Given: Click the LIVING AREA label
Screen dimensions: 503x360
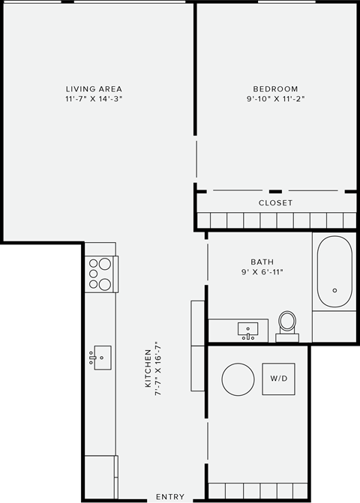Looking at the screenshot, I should coord(94,89).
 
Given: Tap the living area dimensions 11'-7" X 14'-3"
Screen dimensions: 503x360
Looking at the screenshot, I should coord(94,99).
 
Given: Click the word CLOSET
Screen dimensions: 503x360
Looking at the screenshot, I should coord(275,203).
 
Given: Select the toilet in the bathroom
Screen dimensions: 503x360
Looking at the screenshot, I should coord(287,324).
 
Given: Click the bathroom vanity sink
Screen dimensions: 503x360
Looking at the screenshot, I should coord(248,329).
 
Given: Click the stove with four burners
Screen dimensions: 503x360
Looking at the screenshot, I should coord(100,274).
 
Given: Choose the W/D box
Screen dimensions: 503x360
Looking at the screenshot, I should coord(279,378).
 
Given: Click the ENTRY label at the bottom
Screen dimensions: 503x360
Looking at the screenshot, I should coord(170,497).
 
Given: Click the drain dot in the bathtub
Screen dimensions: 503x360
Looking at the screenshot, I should coord(334,290).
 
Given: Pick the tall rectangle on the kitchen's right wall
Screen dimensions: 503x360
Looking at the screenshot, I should coord(198,346).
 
